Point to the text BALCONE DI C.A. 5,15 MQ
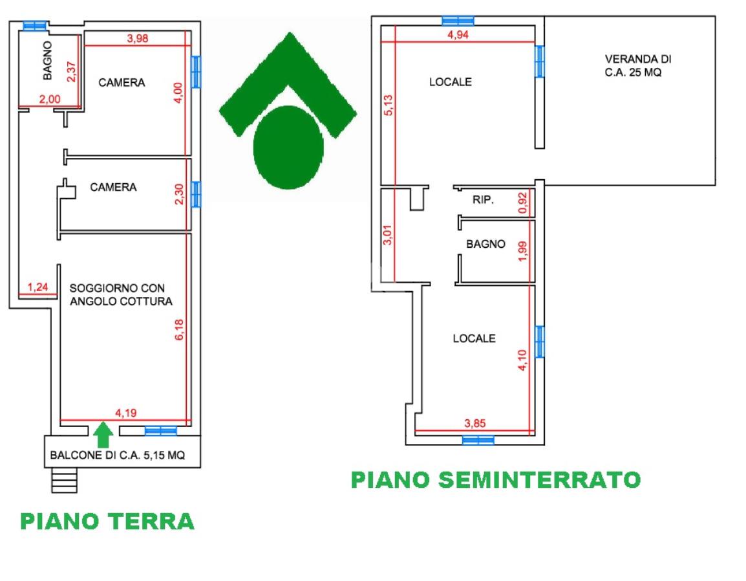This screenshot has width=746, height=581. click(x=117, y=455)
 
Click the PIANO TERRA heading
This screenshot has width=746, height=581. click(x=107, y=521)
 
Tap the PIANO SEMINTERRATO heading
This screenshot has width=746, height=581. click(x=495, y=480)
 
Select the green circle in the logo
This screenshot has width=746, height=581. click(x=288, y=148)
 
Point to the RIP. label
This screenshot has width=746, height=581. click(x=483, y=201)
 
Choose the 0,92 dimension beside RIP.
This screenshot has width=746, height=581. click(x=524, y=203)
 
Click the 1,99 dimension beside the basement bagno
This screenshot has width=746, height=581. click(x=524, y=250)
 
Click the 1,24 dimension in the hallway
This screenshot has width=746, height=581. click(x=37, y=288)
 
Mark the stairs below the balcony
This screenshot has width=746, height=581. click(x=64, y=480)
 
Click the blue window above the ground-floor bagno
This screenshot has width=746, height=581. click(x=34, y=26)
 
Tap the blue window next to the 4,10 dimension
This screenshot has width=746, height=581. click(x=540, y=341)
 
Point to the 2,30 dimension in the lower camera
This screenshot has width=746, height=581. click(x=180, y=194)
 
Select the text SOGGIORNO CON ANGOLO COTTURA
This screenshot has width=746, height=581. click(x=121, y=295)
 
